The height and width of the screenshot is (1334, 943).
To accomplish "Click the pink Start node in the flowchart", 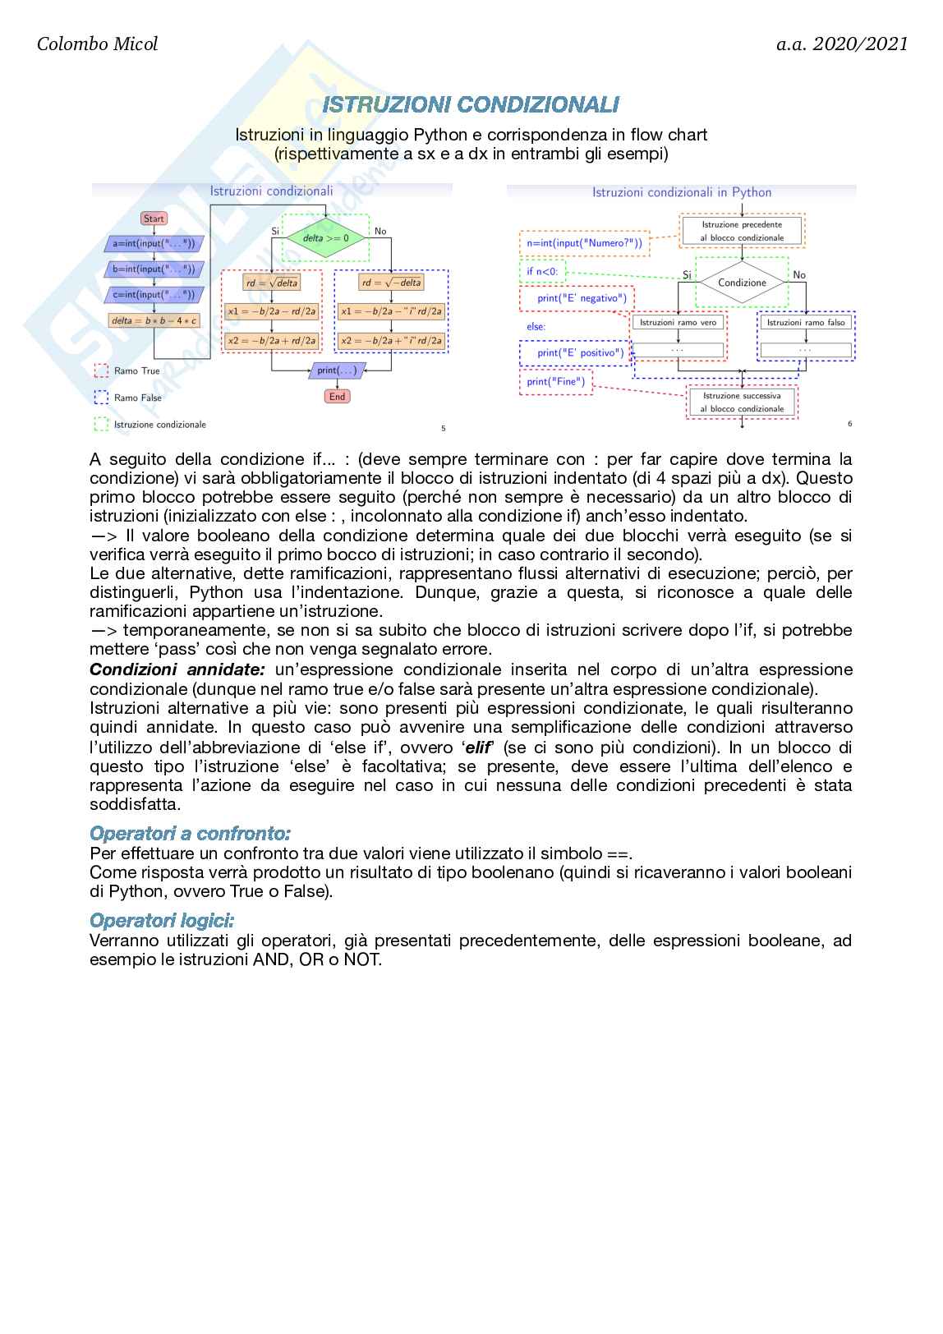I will tap(154, 218).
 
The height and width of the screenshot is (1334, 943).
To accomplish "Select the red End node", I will tap(337, 396).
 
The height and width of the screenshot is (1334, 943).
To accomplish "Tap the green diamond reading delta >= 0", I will tap(325, 238).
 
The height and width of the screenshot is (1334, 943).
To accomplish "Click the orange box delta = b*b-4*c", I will tap(154, 320).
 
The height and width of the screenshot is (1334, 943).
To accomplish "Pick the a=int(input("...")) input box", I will tap(154, 243).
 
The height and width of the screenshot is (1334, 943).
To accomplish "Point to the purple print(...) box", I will tap(337, 370).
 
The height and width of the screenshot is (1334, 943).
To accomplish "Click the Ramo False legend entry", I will tap(137, 398).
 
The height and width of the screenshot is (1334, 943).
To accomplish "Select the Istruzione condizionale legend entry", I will tap(159, 425).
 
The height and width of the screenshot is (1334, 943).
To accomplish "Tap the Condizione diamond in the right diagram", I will tap(742, 283).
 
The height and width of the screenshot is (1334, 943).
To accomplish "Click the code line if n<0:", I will tap(542, 271).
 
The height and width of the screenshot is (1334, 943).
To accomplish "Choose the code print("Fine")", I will tap(555, 382).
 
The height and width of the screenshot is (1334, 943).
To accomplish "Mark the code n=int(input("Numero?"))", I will tap(585, 243).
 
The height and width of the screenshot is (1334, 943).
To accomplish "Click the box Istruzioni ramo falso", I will tap(805, 323).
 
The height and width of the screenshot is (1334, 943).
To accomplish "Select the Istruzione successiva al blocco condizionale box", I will tap(742, 402).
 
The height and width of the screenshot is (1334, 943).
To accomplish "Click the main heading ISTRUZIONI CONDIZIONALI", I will tap(471, 104).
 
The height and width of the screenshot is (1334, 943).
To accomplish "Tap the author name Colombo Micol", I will tap(97, 44).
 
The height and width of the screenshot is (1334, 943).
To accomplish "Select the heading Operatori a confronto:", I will tap(190, 834).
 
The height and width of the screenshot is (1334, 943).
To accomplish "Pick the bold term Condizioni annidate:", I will tap(177, 669).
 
